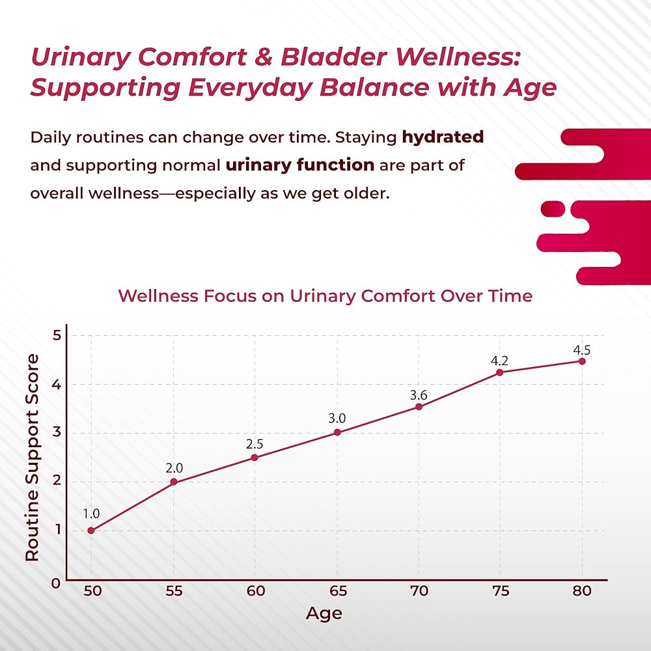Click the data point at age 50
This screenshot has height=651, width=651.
click(91, 531)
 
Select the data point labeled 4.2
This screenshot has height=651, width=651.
click(500, 372)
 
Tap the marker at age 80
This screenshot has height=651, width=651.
click(582, 361)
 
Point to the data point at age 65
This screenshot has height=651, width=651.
click(337, 432)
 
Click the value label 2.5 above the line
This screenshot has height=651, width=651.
click(255, 444)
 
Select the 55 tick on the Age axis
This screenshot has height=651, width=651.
click(173, 591)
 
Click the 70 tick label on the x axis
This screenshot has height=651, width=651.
click(419, 591)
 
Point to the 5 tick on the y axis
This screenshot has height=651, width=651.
click(57, 336)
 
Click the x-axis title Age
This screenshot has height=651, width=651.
click(324, 613)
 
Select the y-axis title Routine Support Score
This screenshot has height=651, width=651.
click(32, 458)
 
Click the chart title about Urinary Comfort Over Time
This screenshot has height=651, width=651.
click(325, 296)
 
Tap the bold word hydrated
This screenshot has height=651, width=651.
click(443, 137)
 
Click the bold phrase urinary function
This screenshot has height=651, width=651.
click(299, 165)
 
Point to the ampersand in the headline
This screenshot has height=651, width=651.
click(260, 57)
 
